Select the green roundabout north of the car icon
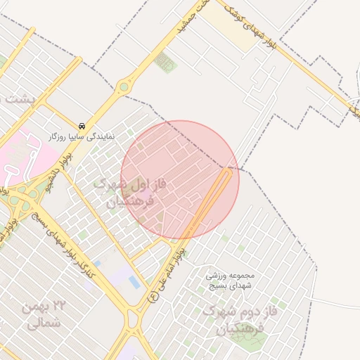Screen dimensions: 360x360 coord(124,87)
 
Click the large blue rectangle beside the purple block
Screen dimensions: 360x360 coord(134,282)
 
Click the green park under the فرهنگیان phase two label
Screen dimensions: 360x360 coord(250,341)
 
